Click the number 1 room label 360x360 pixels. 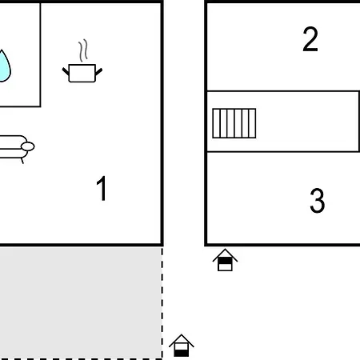coord(102,188)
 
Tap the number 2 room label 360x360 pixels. coord(310,39)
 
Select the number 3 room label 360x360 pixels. coord(318,201)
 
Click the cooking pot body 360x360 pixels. coord(82,73)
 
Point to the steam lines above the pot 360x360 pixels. coord(83,50)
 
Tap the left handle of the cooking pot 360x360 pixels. coord(66,71)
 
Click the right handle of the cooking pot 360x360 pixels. coord(98,71)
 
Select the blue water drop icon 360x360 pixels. coord(4,66)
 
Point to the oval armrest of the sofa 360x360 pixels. coord(28,146)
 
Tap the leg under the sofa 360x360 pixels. coord(22,161)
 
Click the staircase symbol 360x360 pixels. coord(234,123)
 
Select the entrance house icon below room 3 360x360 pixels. coord(225,260)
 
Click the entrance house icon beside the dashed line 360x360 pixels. coord(182,346)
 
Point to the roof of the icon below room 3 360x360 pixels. coord(225,254)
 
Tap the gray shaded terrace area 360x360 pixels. coord(81,302)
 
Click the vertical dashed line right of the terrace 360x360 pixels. coord(162,302)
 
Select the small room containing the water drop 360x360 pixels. coord(20,54)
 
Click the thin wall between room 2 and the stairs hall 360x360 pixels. coord(283,91)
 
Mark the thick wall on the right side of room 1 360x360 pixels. coord(162,123)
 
